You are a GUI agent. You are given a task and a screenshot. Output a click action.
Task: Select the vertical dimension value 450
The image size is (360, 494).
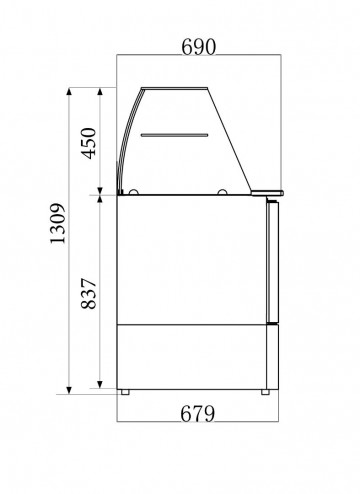pos(88,141)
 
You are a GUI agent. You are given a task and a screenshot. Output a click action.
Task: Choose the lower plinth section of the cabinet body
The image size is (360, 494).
pos(190,356)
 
